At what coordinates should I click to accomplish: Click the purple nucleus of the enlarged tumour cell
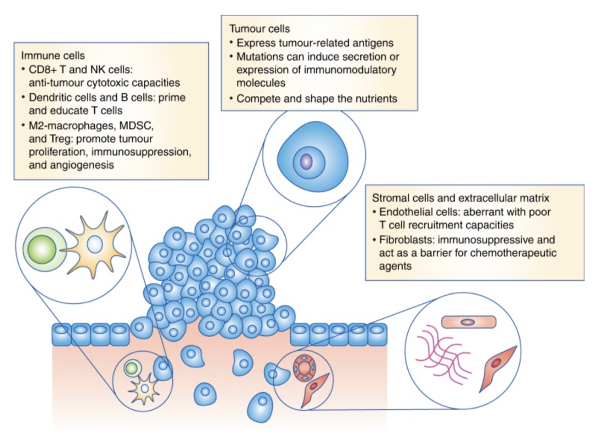306,162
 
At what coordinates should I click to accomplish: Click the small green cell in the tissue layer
132,367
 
